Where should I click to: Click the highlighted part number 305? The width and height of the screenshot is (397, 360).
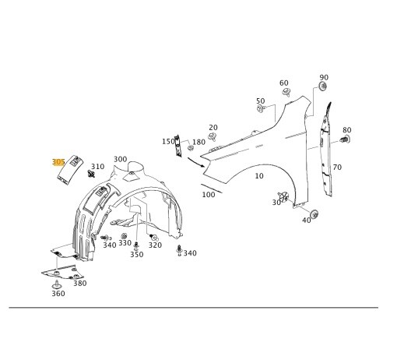point(58,162)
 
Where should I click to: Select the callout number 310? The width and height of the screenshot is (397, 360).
point(97,167)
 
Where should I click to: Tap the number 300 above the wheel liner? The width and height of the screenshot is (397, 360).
point(120,159)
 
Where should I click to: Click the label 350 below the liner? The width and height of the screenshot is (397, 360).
point(136,254)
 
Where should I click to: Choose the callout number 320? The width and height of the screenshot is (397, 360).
point(155,245)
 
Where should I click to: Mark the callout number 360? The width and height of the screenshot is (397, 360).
point(58,293)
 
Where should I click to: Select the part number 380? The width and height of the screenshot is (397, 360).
point(79,284)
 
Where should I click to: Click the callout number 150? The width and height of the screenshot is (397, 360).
point(168,142)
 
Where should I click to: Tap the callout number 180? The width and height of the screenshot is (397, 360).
point(198,142)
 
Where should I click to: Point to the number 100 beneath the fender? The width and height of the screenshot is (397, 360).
point(208,195)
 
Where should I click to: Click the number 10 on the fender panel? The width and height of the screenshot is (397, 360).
point(259,176)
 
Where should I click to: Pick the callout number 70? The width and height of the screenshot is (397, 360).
point(337,168)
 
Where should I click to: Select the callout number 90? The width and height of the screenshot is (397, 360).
point(324,78)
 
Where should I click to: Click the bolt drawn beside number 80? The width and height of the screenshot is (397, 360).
point(344,140)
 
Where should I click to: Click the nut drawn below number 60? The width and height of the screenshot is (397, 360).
point(286,92)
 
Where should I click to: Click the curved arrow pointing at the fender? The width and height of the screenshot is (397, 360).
point(195,161)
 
